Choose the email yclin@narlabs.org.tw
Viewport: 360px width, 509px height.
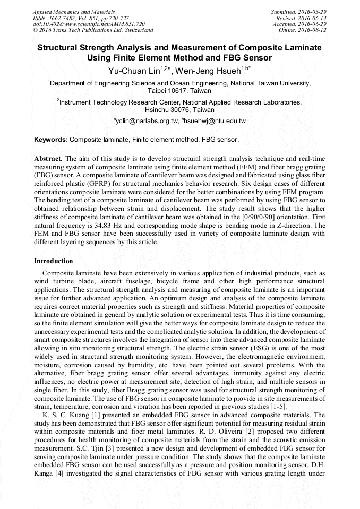point(147,121)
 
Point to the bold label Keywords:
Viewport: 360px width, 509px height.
point(51,140)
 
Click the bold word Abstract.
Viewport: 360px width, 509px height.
point(48,159)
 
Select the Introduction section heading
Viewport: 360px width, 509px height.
point(54,261)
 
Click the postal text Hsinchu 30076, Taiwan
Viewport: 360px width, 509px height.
point(179,110)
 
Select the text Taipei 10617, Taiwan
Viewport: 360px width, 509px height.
point(179,91)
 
